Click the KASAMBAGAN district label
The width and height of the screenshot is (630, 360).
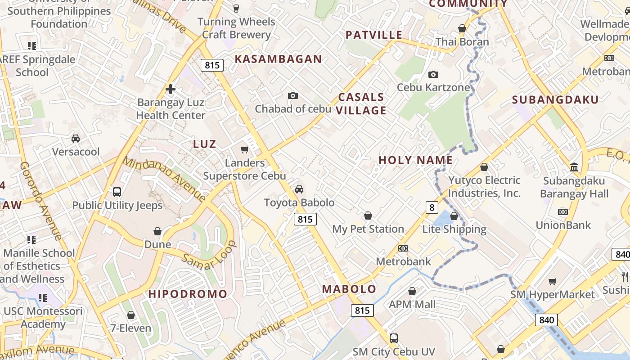click(278, 59)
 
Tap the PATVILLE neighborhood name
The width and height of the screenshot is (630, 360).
click(374, 35)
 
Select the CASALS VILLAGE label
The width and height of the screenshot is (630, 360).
click(362, 103)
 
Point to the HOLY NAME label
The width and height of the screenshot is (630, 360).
click(415, 160)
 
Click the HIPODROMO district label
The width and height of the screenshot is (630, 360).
click(188, 294)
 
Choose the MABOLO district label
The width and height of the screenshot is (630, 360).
click(349, 289)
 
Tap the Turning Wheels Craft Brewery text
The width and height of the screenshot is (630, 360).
click(236, 28)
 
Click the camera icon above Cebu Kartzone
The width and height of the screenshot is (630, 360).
click(433, 74)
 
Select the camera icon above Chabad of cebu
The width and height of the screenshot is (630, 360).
click(293, 95)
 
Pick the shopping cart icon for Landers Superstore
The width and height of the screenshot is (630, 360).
click(245, 149)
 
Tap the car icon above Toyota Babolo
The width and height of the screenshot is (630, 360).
click(299, 189)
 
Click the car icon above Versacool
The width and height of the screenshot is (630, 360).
click(76, 138)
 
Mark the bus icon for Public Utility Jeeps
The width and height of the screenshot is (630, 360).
click(117, 192)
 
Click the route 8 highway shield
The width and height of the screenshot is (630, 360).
click(432, 207)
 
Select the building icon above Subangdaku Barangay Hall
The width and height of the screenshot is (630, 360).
click(574, 167)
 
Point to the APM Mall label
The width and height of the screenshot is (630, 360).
click(412, 304)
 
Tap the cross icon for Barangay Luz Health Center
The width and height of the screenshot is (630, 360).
click(171, 89)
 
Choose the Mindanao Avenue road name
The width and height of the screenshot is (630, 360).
click(164, 179)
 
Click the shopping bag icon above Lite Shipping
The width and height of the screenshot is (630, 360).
click(454, 216)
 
